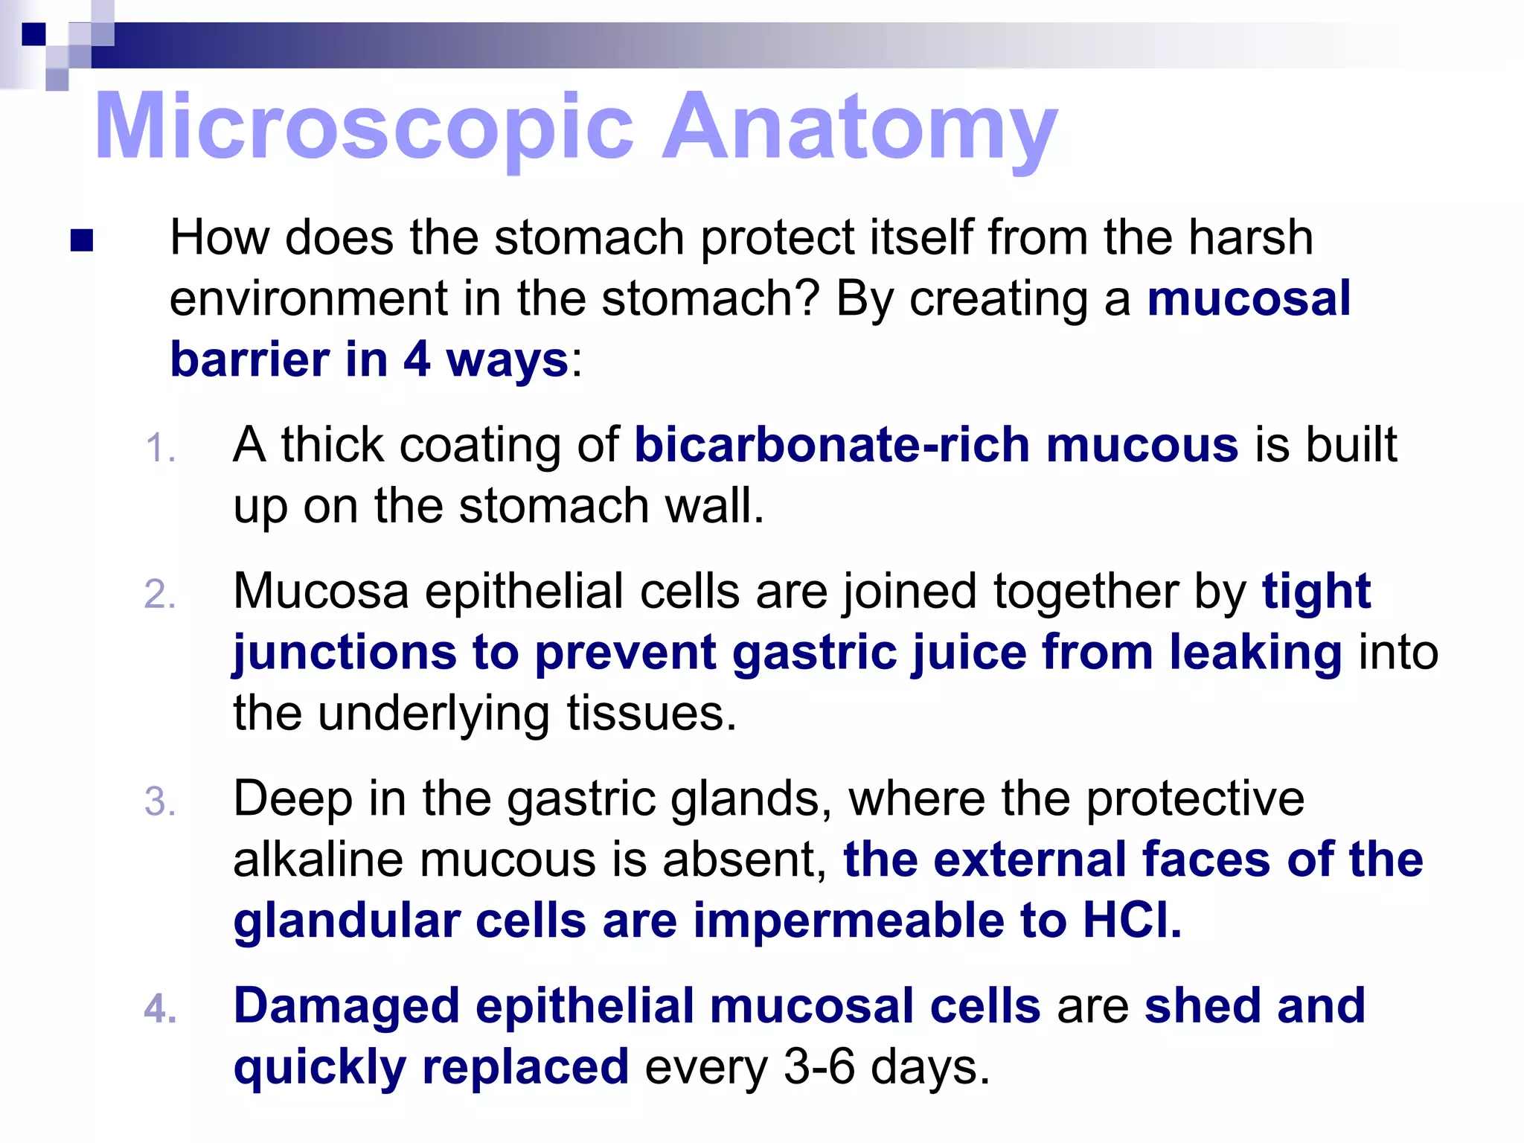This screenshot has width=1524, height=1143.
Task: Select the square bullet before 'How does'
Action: point(81,240)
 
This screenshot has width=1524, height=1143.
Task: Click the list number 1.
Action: point(160,449)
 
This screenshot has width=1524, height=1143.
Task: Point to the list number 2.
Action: point(160,595)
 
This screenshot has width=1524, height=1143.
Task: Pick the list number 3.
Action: point(160,802)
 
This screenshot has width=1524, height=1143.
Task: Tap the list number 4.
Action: point(160,1010)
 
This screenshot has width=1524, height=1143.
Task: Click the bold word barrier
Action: point(250,359)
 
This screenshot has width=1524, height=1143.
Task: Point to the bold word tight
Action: point(1316,592)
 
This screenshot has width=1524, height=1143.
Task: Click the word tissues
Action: point(651,714)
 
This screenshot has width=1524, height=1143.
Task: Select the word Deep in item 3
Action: point(292,799)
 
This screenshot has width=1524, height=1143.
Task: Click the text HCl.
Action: point(1131,921)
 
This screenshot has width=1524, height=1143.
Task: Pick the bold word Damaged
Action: point(346,1006)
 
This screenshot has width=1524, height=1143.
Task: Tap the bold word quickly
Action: point(319,1067)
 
